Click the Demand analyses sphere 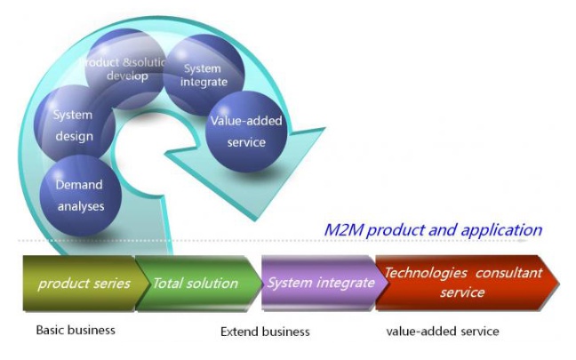[x=81, y=196]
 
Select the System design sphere [x=74, y=124]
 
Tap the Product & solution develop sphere [x=125, y=69]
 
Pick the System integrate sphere [x=204, y=76]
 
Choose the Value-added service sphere [x=246, y=132]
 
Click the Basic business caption [x=76, y=330]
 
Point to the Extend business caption [x=265, y=332]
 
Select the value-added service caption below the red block [x=443, y=332]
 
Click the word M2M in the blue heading [x=344, y=230]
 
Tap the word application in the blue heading [x=501, y=231]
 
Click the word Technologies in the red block [x=426, y=273]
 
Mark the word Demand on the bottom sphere [x=79, y=184]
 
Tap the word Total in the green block [x=167, y=284]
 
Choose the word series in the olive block [x=113, y=284]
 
